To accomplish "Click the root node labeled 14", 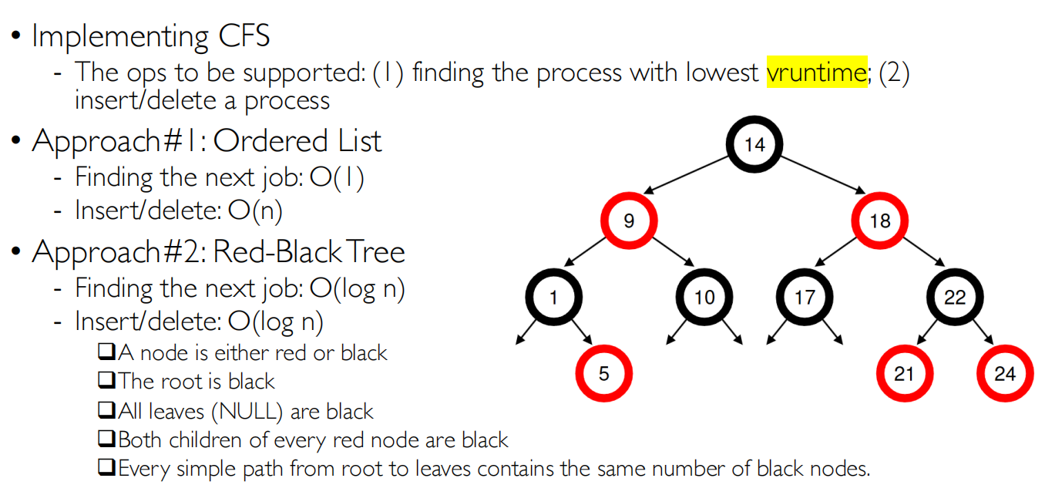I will pyautogui.click(x=754, y=145).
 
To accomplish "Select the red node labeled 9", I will pyautogui.click(x=629, y=221).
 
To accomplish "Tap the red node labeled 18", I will pyautogui.click(x=879, y=221).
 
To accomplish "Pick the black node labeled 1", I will pyautogui.click(x=553, y=297).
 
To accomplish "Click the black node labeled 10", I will pyautogui.click(x=704, y=297).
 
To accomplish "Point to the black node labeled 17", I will pyautogui.click(x=804, y=297).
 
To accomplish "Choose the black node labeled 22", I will pyautogui.click(x=954, y=297).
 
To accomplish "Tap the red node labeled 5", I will pyautogui.click(x=603, y=373).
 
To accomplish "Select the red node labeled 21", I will pyautogui.click(x=904, y=373).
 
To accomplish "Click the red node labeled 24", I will pyautogui.click(x=1004, y=373).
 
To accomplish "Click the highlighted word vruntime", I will pyautogui.click(x=816, y=72).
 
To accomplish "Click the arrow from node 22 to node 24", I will pyautogui.click(x=982, y=332).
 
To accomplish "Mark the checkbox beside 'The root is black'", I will pyautogui.click(x=106, y=381).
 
